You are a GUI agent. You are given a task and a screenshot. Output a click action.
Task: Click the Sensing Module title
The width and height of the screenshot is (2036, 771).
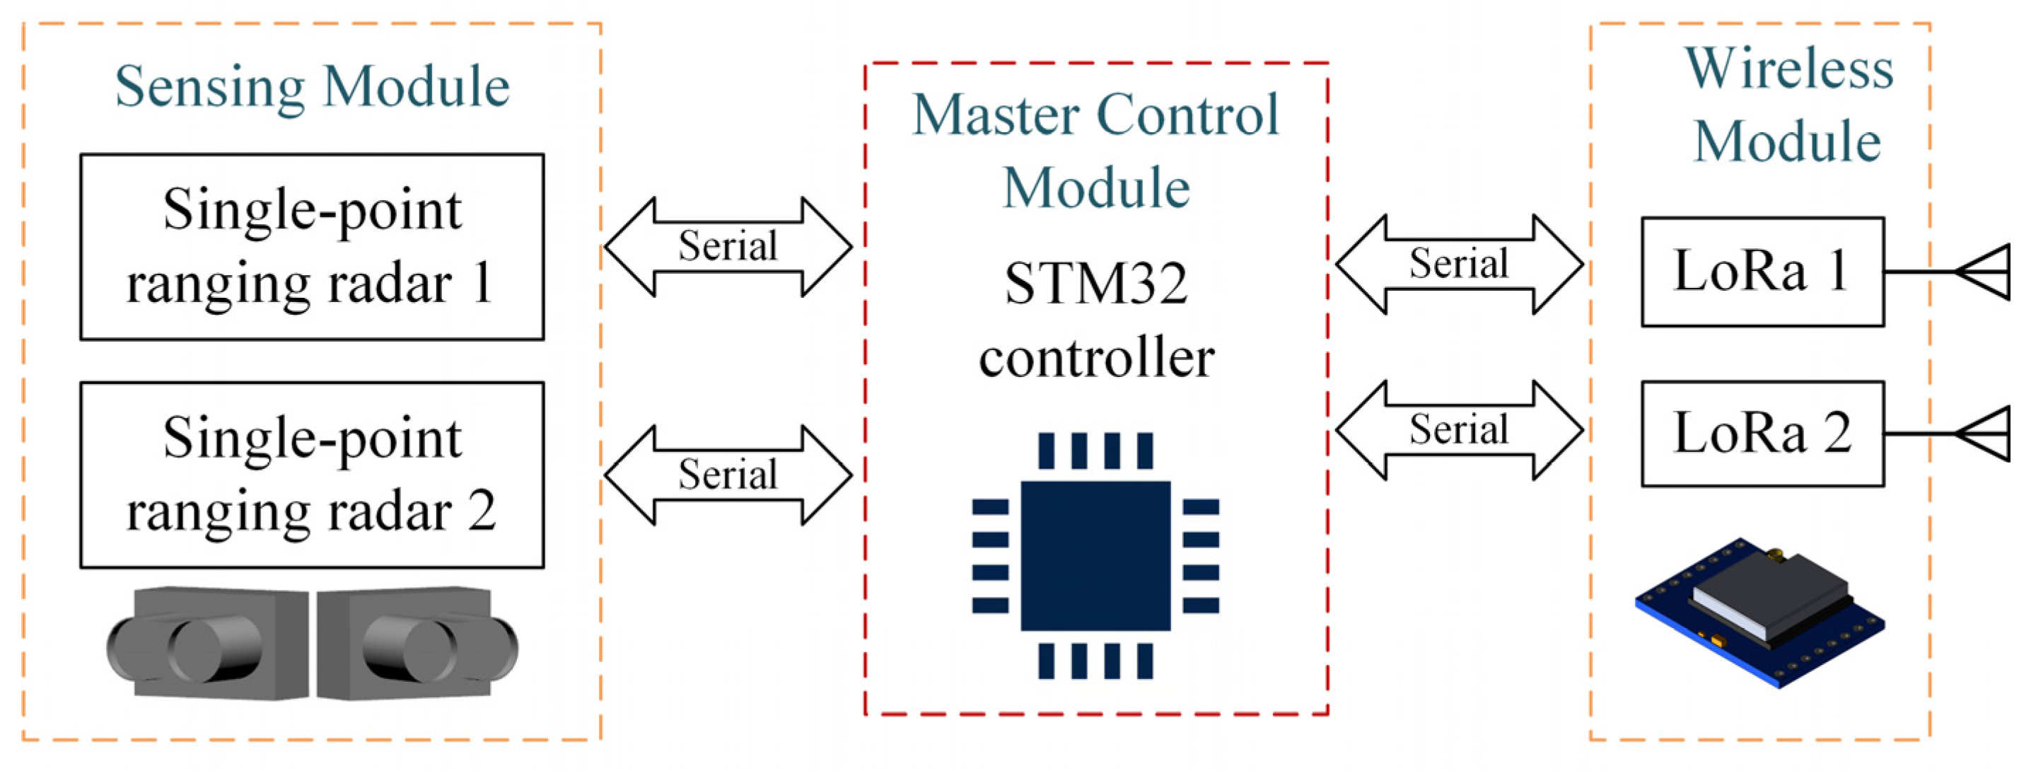click(312, 87)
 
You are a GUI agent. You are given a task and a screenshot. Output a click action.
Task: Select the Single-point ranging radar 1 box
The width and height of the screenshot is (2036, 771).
click(312, 247)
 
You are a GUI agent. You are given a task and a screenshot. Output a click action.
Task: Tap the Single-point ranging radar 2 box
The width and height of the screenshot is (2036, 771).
click(312, 475)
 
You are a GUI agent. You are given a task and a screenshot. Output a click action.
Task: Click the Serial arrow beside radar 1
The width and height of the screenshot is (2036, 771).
click(728, 247)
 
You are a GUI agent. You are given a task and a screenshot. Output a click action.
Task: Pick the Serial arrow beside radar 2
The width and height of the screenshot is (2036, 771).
click(728, 475)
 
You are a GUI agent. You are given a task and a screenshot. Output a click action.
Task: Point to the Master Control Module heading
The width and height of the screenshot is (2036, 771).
click(1095, 150)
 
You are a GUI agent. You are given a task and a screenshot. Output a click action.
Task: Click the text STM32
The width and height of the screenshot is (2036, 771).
click(1095, 283)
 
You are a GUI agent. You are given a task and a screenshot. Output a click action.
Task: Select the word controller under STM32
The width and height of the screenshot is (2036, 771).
click(1095, 357)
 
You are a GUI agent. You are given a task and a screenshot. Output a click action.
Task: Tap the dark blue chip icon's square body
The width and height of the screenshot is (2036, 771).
click(1095, 555)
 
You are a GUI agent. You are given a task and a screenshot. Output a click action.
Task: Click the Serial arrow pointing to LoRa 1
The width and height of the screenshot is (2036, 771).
click(1459, 264)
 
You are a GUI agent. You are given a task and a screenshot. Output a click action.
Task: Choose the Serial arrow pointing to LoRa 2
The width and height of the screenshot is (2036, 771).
click(1459, 430)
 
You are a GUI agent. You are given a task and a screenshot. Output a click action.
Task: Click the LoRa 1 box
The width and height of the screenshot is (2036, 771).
click(1762, 271)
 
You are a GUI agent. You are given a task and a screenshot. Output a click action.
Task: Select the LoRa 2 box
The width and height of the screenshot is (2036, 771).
click(1762, 434)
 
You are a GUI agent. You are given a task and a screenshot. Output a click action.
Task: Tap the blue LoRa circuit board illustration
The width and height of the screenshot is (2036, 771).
click(1759, 613)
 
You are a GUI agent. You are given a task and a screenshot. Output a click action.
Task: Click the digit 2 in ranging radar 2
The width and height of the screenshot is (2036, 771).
click(482, 511)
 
